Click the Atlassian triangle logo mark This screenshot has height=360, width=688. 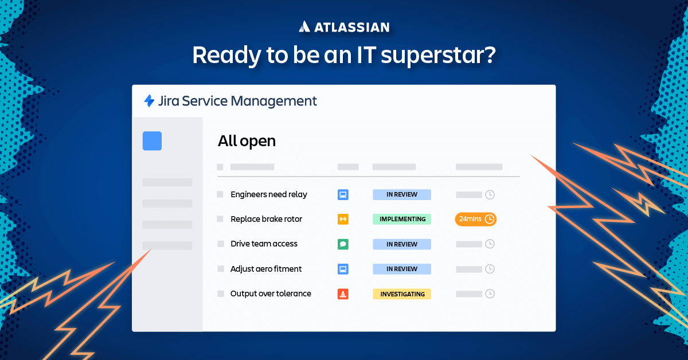pos(304,26)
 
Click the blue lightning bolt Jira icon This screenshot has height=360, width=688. pos(149,101)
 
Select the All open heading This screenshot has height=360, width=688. pos(247,141)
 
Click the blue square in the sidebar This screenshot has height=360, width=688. pos(152,141)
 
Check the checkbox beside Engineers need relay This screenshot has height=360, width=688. pos(220,194)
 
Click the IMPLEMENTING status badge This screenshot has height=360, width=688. pos(402,219)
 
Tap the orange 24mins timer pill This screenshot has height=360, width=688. pos(476,219)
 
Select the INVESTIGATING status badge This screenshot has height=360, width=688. pos(402,294)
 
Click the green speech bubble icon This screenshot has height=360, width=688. pos(343,244)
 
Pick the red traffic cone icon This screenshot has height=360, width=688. pos(343,294)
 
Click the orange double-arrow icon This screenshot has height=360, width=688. pos(343,219)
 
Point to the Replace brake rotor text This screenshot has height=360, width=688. pos(266,219)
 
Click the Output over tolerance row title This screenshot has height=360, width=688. pos(271,294)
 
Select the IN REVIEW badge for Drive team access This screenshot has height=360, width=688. pos(402,244)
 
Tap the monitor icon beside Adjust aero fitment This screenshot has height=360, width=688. pos(343,269)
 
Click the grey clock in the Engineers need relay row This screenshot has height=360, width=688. pos(490,194)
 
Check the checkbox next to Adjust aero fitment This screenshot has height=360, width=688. pos(221,269)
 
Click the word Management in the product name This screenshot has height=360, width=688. pos(273,101)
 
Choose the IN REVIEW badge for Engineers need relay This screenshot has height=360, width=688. pos(402,194)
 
